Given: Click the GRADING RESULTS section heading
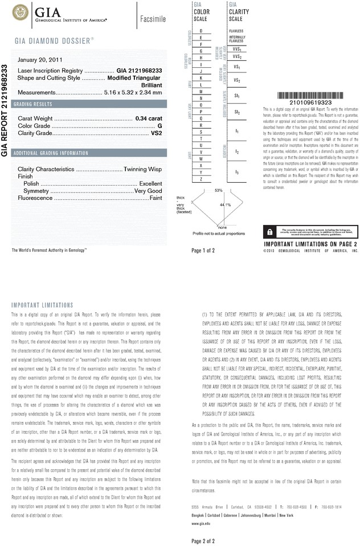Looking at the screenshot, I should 33,105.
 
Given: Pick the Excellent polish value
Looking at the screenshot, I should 151,184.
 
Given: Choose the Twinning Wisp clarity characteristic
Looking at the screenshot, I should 143,170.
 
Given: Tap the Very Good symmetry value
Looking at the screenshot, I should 148,191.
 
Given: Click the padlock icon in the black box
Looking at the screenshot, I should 268,232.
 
